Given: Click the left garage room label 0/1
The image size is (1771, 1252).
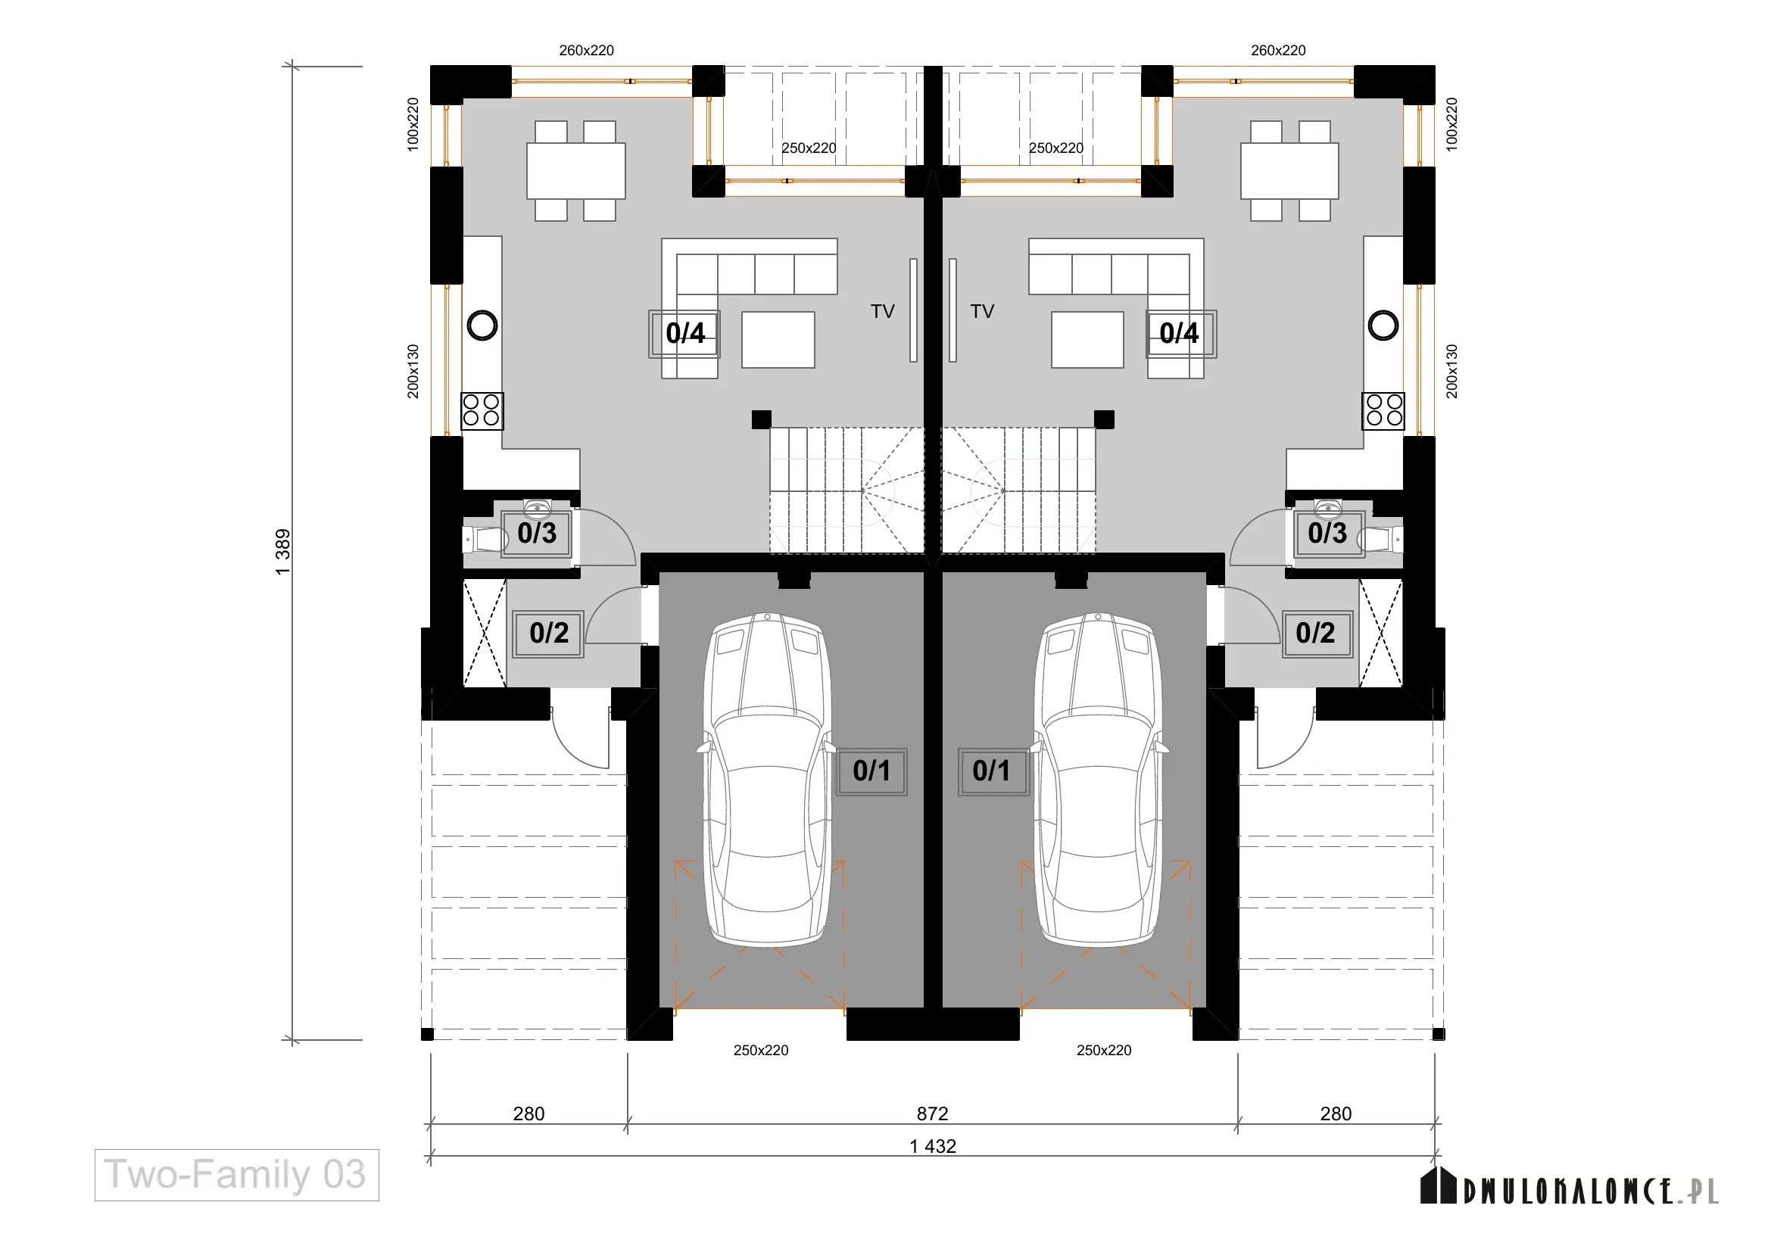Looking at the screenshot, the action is pyautogui.click(x=871, y=771).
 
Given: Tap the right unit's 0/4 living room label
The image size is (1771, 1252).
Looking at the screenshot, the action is pyautogui.click(x=1180, y=334).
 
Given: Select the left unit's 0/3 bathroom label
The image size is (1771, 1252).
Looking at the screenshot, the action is pyautogui.click(x=537, y=534).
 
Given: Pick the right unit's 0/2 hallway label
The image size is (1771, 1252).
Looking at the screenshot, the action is pyautogui.click(x=1316, y=634).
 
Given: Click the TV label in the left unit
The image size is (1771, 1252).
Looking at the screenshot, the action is pyautogui.click(x=882, y=311).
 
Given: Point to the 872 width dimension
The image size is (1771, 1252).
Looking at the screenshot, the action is pyautogui.click(x=933, y=1113).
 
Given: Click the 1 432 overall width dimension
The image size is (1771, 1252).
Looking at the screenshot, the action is pyautogui.click(x=933, y=1146).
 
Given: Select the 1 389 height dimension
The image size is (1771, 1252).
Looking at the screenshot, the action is pyautogui.click(x=283, y=552).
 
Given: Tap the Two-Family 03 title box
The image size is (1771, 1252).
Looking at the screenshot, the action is pyautogui.click(x=237, y=1175).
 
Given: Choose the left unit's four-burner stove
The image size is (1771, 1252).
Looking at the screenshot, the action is pyautogui.click(x=482, y=411).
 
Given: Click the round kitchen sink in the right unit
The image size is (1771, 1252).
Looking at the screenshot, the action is pyautogui.click(x=1383, y=325).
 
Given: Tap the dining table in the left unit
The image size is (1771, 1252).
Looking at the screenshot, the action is pyautogui.click(x=576, y=170).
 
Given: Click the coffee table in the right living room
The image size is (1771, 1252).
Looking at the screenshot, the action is pyautogui.click(x=1087, y=339).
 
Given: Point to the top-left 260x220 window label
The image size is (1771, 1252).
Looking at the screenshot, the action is pyautogui.click(x=586, y=51).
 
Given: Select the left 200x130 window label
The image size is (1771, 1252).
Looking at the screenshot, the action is pyautogui.click(x=413, y=372).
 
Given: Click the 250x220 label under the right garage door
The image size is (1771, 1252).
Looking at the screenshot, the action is pyautogui.click(x=1104, y=1050).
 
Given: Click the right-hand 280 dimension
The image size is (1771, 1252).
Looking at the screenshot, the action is pyautogui.click(x=1336, y=1113).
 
